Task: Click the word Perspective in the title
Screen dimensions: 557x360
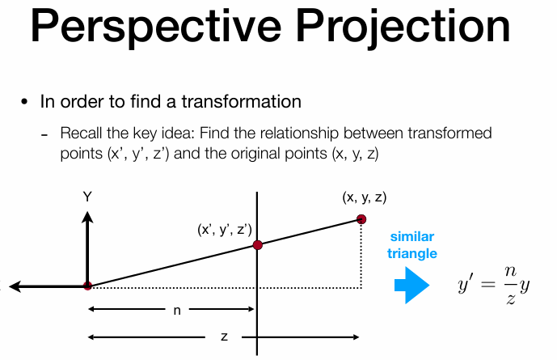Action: tap(156, 28)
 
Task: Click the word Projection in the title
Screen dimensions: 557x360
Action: tap(403, 28)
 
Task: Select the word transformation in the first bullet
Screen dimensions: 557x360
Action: tap(241, 102)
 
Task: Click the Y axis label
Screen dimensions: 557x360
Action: tap(87, 197)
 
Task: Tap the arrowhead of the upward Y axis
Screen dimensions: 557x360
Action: tap(87, 217)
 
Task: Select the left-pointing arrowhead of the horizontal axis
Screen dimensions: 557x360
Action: tap(15, 286)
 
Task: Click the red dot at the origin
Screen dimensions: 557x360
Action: tap(87, 286)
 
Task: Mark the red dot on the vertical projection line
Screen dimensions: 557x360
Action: tap(258, 245)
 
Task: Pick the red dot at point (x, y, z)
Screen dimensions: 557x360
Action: tap(361, 219)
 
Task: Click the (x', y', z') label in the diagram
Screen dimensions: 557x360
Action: tap(225, 230)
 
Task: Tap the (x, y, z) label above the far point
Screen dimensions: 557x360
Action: tap(365, 197)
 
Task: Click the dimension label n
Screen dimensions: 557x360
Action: tap(177, 311)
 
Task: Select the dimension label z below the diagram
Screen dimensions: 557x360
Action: tap(224, 337)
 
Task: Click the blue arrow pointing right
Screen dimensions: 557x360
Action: tap(411, 286)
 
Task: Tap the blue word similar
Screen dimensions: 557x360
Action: tap(412, 237)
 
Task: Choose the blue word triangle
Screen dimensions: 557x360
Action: tap(412, 254)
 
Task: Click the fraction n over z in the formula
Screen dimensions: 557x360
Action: tap(510, 286)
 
